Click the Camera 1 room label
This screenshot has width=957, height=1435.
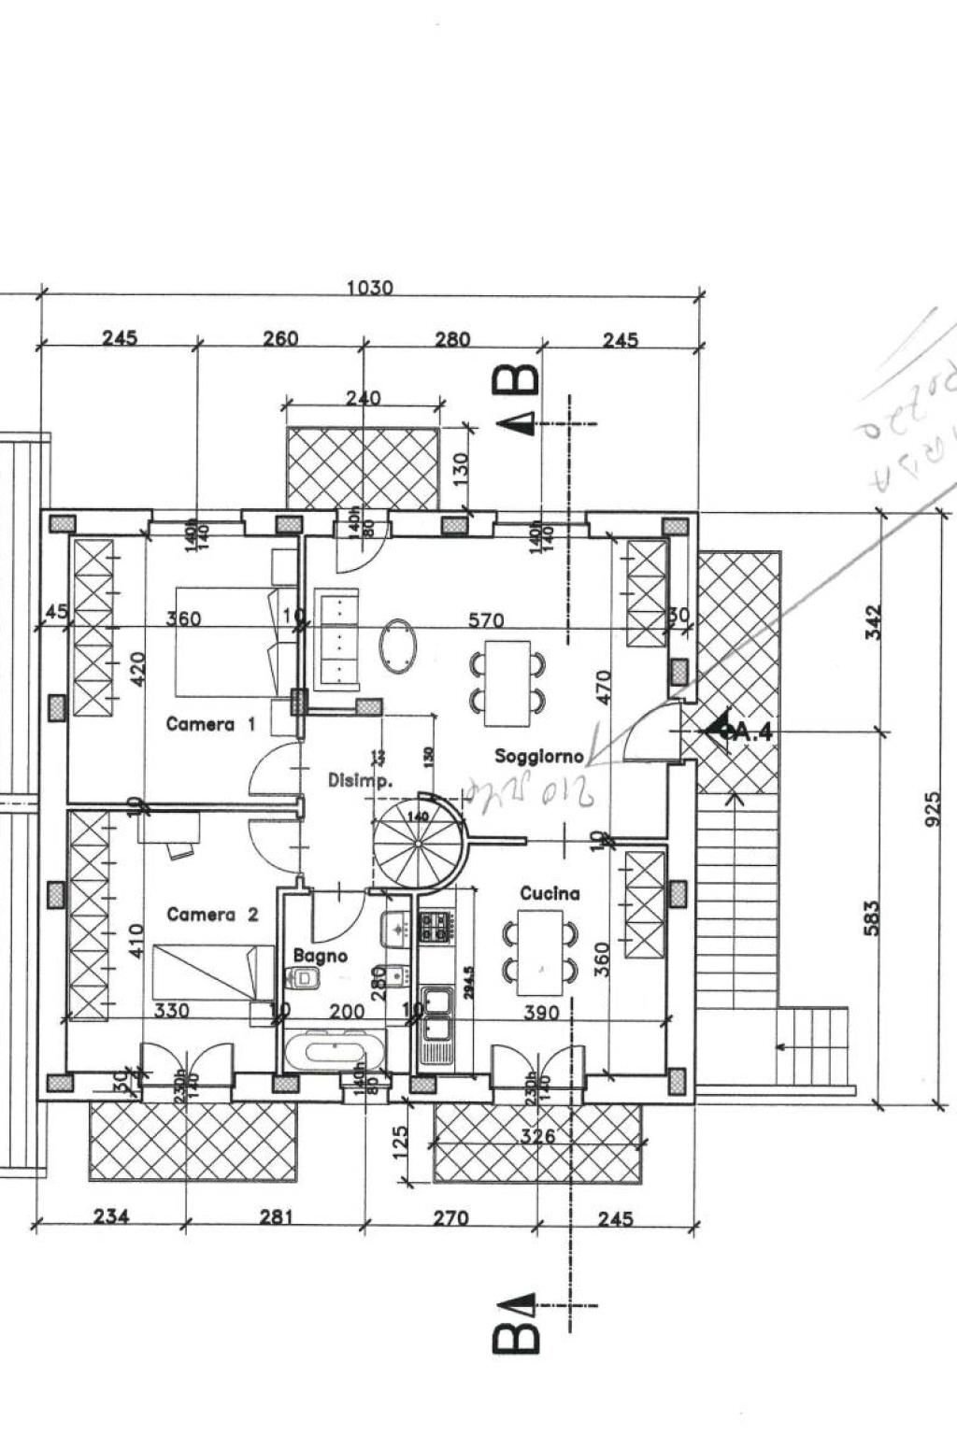210,724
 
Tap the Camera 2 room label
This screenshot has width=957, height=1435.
212,915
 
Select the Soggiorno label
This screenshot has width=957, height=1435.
539,756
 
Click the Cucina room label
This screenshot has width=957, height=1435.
550,894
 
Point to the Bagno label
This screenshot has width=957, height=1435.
320,956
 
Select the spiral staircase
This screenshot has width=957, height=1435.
418,839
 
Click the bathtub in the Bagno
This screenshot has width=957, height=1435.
334,1051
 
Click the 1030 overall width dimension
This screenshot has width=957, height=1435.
370,288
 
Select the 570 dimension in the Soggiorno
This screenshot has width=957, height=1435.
486,619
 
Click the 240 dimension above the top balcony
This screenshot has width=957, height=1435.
363,398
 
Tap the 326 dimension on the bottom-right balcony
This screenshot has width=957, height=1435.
537,1136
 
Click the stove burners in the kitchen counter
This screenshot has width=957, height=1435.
436,926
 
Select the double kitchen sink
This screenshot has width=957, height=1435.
436,1015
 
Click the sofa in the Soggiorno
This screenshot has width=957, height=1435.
337,639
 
